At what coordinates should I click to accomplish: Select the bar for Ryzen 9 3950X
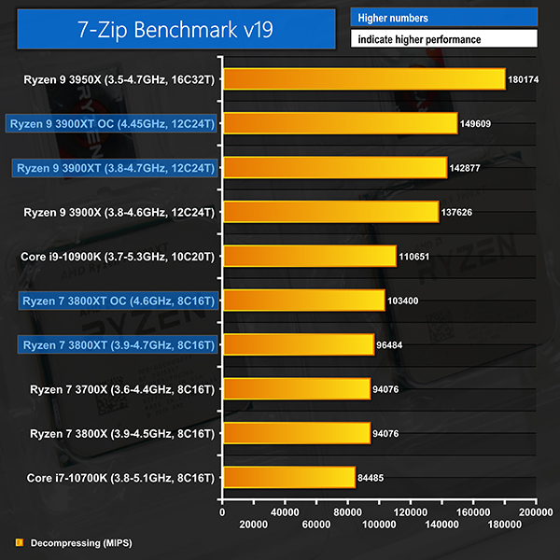[x=364, y=79]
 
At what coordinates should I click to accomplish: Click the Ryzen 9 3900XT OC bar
[x=340, y=123]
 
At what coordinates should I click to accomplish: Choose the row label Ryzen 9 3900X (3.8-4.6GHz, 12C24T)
[x=119, y=212]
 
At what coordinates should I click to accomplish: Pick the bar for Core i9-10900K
[x=309, y=256]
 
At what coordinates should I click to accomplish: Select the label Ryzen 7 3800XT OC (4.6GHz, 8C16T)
[x=118, y=301]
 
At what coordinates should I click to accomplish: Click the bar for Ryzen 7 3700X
[x=296, y=389]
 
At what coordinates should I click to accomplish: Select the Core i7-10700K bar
[x=288, y=478]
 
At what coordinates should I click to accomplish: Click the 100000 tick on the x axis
[x=379, y=526]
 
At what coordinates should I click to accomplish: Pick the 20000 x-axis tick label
[x=254, y=526]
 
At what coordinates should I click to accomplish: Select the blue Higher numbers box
[x=444, y=18]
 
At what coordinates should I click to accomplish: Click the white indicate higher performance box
[x=444, y=39]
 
